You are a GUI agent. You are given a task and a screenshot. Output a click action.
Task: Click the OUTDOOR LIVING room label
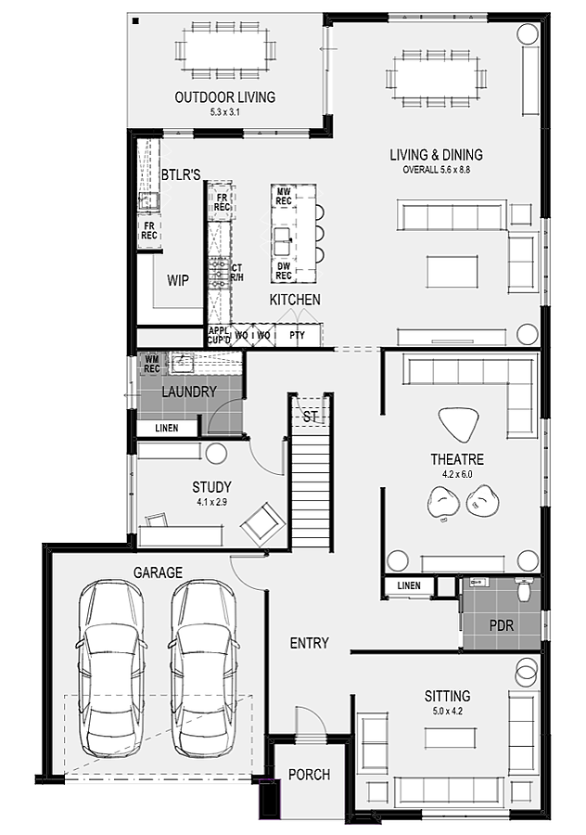[x=225, y=96]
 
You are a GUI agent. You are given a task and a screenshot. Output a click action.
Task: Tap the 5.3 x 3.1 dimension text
[x=225, y=112]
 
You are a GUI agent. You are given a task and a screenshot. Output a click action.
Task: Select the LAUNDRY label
[x=189, y=392]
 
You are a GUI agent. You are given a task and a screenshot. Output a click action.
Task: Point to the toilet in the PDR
[x=524, y=588]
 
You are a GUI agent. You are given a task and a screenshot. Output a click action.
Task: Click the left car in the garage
[x=110, y=668]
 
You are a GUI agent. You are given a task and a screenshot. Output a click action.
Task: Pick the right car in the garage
[x=203, y=668]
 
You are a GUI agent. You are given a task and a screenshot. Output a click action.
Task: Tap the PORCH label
[x=309, y=775]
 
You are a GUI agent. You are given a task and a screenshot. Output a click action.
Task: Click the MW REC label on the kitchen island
[x=284, y=197]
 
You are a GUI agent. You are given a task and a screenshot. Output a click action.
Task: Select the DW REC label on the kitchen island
[x=284, y=271]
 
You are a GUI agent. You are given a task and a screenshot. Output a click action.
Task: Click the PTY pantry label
[x=297, y=336]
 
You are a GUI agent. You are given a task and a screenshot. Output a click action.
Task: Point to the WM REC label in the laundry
[x=152, y=365]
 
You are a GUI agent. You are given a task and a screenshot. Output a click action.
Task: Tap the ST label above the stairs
[x=311, y=417]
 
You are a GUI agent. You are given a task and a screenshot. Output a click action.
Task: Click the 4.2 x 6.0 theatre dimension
[x=457, y=474]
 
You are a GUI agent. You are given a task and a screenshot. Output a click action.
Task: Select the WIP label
[x=178, y=280]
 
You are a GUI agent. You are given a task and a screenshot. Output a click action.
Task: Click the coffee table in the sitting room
[x=451, y=739]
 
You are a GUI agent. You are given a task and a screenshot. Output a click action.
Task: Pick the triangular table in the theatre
[x=458, y=424]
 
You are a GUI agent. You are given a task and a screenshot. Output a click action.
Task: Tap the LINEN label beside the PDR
[x=409, y=585]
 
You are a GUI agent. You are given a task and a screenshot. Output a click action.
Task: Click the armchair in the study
[x=261, y=524]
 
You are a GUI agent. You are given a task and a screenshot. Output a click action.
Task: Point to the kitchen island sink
[x=283, y=242]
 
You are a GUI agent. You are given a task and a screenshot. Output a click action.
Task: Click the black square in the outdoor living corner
[x=135, y=21]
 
